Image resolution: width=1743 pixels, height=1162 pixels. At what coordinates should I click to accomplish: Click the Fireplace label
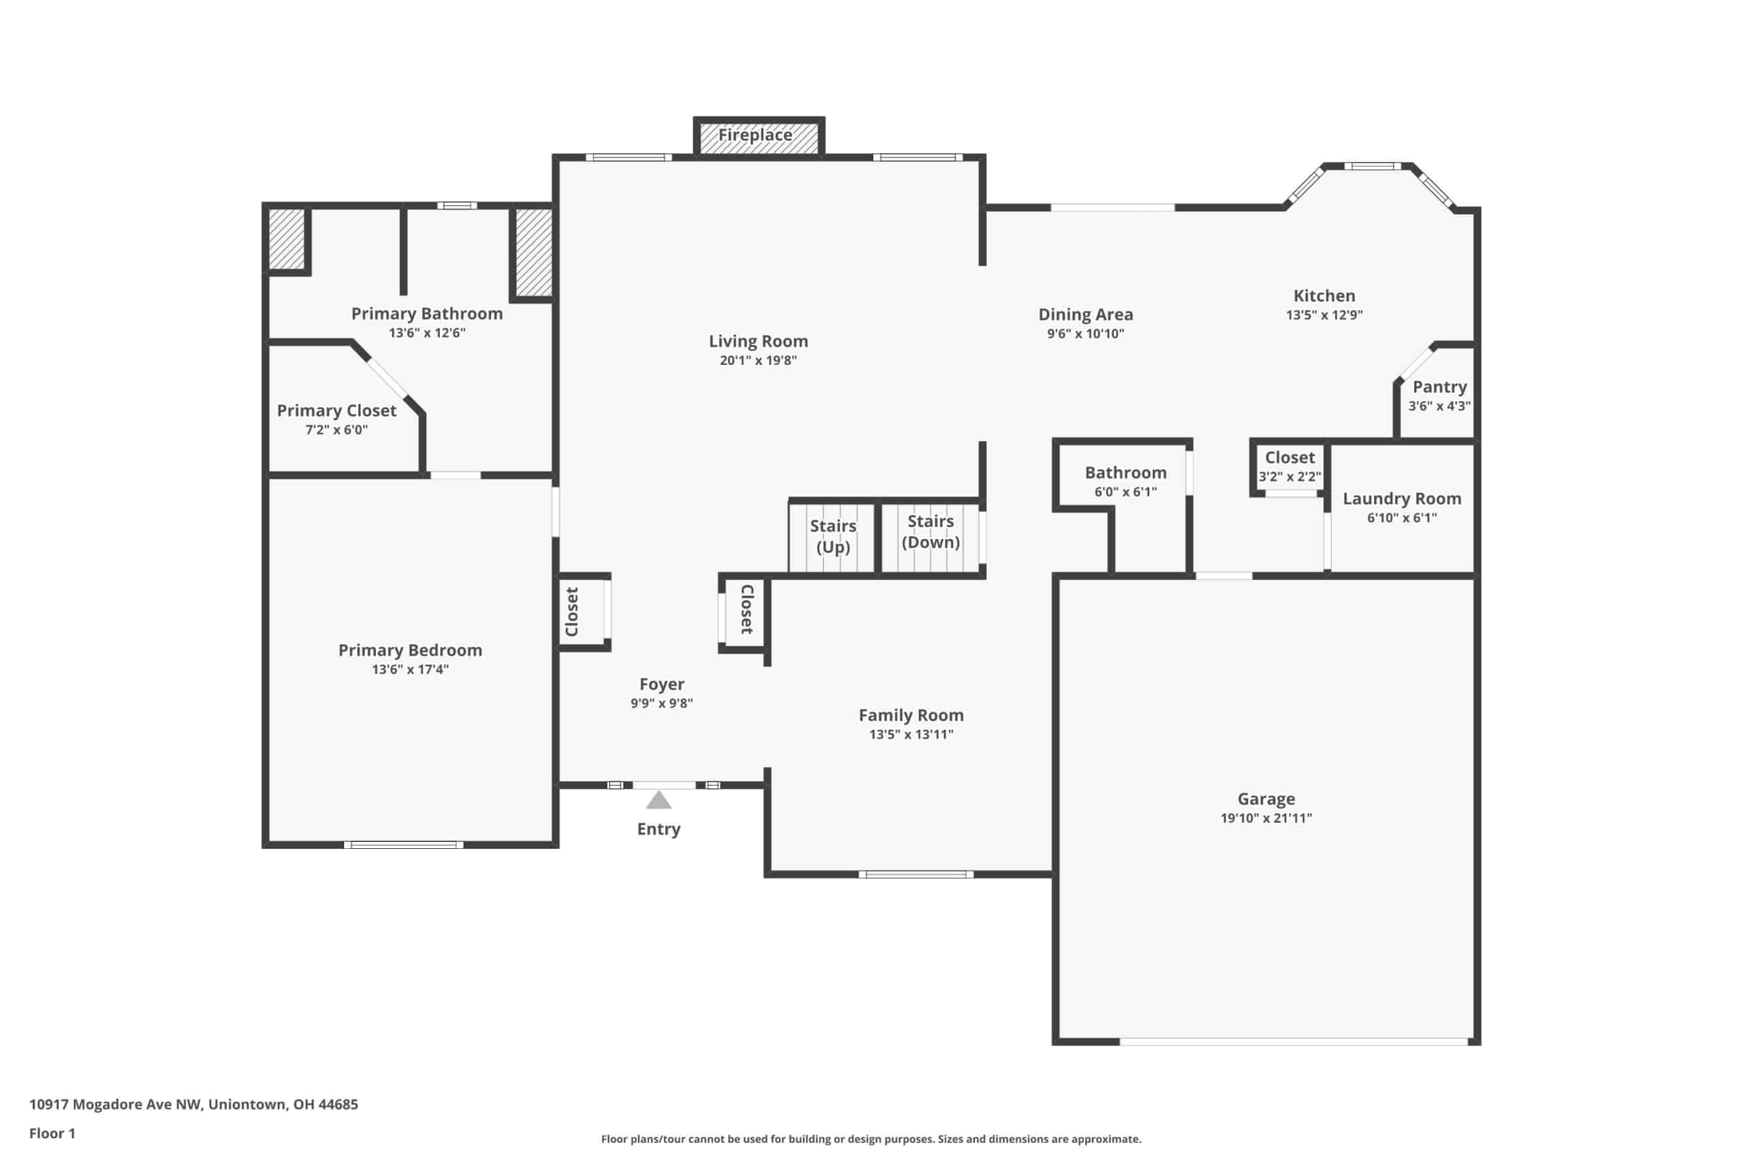click(755, 135)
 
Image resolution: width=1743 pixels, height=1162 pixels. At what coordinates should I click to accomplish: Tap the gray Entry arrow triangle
click(659, 801)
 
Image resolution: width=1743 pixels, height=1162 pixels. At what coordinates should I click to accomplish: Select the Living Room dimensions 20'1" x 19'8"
click(758, 361)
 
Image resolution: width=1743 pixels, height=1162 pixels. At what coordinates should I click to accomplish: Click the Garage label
click(1266, 799)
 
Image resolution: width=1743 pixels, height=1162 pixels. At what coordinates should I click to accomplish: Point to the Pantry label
click(1440, 387)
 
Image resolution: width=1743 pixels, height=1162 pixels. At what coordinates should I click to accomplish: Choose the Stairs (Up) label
click(833, 536)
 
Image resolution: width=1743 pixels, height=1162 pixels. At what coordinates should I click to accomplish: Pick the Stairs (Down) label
click(931, 532)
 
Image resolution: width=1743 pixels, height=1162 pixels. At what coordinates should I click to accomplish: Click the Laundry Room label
click(1402, 499)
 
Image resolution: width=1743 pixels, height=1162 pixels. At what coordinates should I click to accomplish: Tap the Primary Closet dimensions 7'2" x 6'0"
click(336, 430)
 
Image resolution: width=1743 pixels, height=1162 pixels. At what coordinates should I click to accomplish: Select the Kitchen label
click(1324, 295)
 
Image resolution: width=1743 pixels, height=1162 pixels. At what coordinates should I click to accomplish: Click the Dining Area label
click(1086, 315)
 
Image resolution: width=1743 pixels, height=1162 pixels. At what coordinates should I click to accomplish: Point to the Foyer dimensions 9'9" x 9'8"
click(662, 703)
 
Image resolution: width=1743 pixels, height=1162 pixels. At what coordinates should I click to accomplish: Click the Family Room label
click(912, 715)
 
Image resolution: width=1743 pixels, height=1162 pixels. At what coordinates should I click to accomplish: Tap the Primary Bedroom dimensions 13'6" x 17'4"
click(411, 670)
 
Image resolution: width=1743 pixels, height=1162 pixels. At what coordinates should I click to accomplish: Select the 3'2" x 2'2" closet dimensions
click(1290, 477)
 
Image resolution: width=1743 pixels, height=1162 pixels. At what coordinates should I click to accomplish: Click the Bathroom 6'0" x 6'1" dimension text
click(1125, 492)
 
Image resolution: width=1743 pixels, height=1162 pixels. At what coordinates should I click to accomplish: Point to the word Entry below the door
click(659, 829)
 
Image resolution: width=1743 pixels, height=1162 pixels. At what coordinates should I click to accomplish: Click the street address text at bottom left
click(193, 1104)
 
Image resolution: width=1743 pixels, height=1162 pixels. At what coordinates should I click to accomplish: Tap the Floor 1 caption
click(52, 1133)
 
